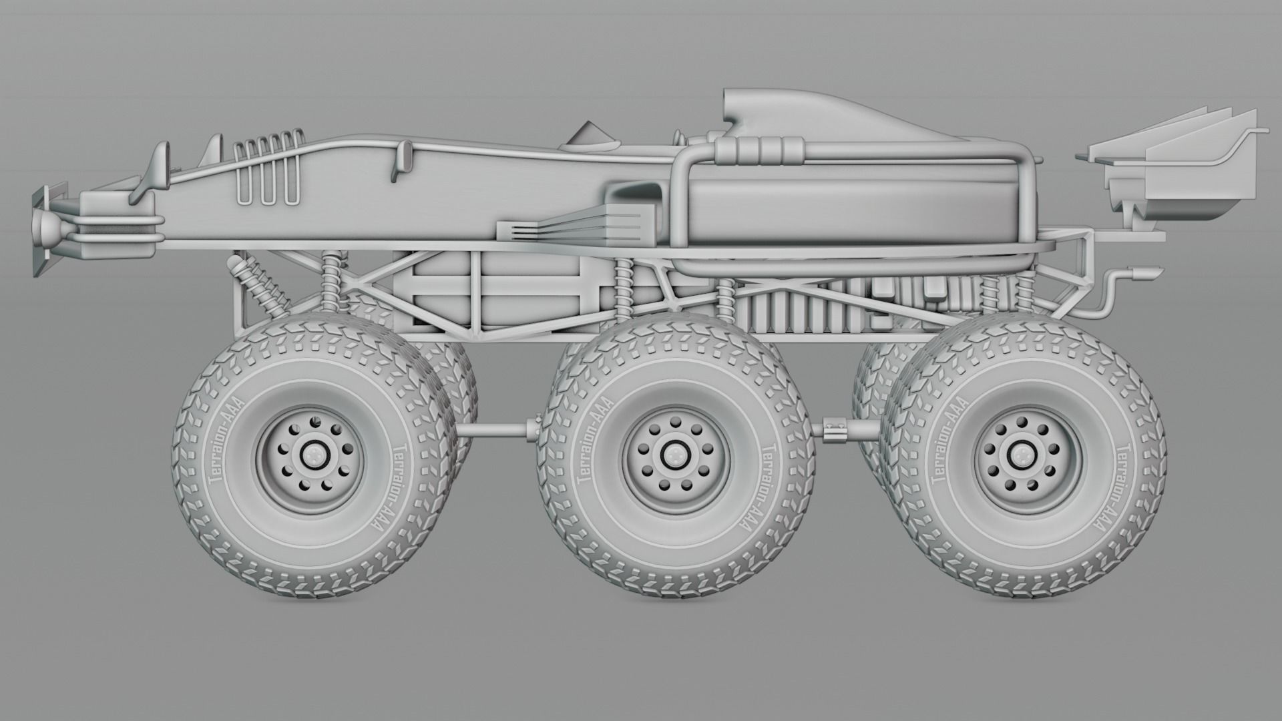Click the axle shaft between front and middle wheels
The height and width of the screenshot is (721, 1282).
pos(497,429)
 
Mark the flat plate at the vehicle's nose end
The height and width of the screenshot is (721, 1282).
pos(39,230)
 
